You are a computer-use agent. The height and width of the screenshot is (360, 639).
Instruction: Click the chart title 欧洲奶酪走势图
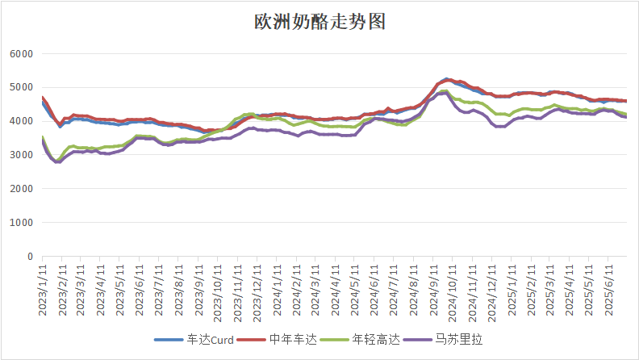click(x=319, y=22)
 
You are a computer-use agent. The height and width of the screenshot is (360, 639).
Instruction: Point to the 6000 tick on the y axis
click(x=21, y=54)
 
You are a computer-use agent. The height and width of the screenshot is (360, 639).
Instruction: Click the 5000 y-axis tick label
click(x=21, y=87)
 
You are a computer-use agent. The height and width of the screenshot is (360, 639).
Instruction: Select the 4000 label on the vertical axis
click(x=21, y=121)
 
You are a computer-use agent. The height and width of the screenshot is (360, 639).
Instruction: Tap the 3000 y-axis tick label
click(x=21, y=155)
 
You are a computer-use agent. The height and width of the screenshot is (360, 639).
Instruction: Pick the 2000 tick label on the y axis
click(x=21, y=189)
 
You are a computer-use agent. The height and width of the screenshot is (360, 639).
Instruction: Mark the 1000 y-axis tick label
click(x=21, y=223)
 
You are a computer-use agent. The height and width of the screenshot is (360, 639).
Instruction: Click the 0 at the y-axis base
click(x=30, y=257)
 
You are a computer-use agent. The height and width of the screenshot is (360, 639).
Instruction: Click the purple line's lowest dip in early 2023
click(x=58, y=161)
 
